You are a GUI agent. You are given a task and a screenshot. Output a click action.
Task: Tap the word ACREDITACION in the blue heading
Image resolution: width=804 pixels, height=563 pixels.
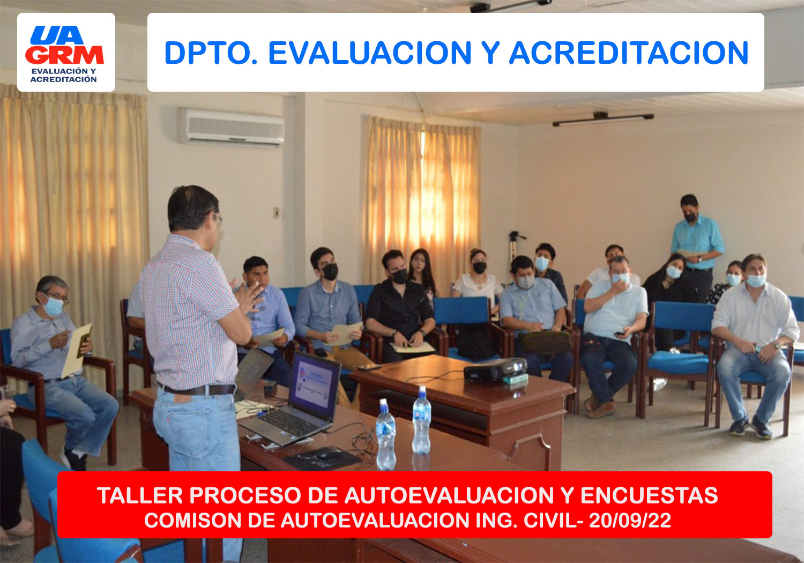pyautogui.click(x=629, y=53)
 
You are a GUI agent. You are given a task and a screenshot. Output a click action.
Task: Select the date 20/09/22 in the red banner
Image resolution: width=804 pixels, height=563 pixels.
pyautogui.click(x=630, y=520)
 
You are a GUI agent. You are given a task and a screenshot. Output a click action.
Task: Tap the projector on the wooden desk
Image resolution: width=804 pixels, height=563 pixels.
pyautogui.click(x=496, y=369)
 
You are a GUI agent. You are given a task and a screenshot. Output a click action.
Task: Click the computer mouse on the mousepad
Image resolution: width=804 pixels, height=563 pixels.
pyautogui.click(x=329, y=453)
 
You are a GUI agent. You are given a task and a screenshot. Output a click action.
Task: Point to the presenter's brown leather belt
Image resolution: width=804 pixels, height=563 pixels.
pyautogui.click(x=197, y=389)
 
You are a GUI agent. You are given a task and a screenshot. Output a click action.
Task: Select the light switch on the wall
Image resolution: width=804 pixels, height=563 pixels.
pyautogui.click(x=276, y=212)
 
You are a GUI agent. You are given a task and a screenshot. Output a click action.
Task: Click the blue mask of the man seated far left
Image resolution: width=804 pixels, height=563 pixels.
pyautogui.click(x=54, y=306)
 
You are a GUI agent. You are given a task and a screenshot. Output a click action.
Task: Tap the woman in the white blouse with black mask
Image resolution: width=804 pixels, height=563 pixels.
pyautogui.click(x=478, y=277)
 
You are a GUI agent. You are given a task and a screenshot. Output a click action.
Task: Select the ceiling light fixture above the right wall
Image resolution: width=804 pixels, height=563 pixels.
pyautogui.click(x=603, y=118)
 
